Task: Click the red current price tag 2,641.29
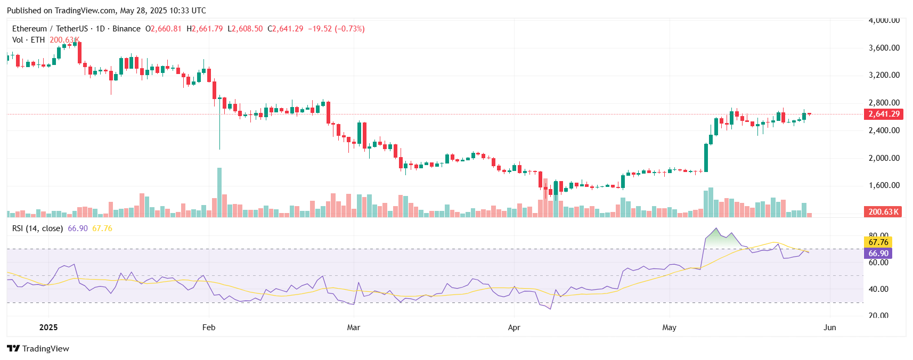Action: tap(883, 114)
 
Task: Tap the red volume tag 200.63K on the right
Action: tap(883, 212)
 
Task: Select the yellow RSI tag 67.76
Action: tap(878, 242)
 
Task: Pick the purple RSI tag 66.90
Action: tap(878, 253)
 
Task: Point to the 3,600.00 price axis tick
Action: tap(884, 48)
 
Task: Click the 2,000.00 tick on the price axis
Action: tap(884, 158)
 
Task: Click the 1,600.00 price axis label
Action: tap(884, 185)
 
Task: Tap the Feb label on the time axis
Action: tap(209, 328)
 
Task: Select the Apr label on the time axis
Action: tap(514, 328)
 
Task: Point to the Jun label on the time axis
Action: tap(829, 328)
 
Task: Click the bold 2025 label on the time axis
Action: tap(48, 328)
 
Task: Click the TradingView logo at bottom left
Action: tap(38, 349)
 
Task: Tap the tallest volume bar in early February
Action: tap(219, 192)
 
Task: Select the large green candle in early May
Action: tap(706, 158)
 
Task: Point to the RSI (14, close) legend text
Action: tap(37, 228)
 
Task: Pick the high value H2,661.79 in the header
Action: tap(205, 29)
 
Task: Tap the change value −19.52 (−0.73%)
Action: tap(336, 29)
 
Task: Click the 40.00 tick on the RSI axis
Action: tap(878, 289)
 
